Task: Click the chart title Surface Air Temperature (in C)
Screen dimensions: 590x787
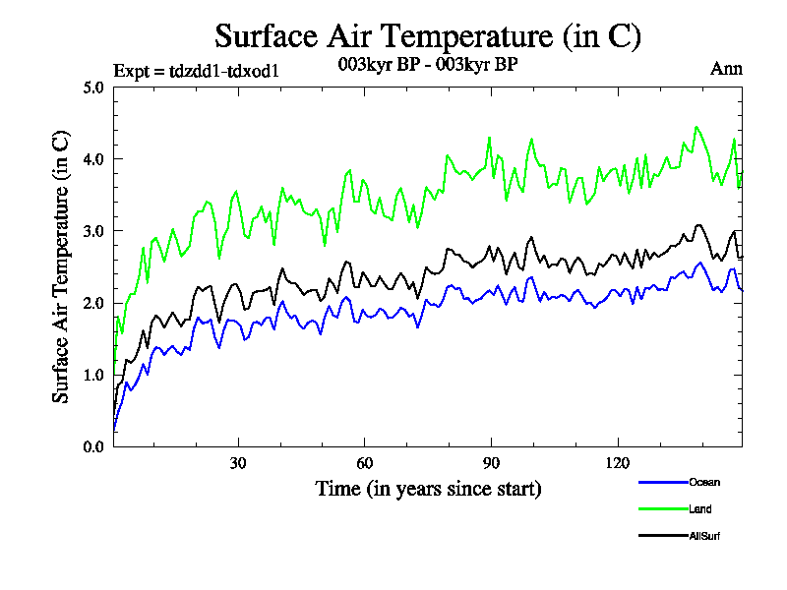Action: click(x=428, y=36)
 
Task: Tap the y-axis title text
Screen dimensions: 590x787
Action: click(x=61, y=265)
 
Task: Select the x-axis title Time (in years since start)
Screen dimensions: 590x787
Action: click(x=428, y=488)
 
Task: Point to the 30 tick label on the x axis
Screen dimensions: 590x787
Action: click(x=238, y=463)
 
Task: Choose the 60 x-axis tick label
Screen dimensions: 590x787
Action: click(x=364, y=463)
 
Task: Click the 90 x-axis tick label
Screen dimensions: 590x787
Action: click(x=491, y=463)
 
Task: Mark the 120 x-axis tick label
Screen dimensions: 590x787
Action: click(x=617, y=463)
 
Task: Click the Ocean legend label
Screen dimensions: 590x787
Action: click(x=703, y=482)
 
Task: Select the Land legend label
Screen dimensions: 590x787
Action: click(x=700, y=509)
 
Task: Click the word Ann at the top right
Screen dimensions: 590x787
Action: click(x=726, y=69)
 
